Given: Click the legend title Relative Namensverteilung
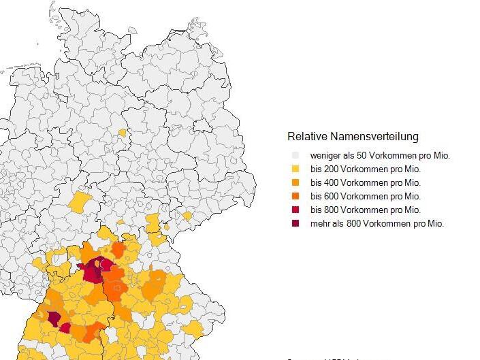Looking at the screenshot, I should pyautogui.click(x=353, y=137).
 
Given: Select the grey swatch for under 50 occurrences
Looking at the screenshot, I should pyautogui.click(x=295, y=155).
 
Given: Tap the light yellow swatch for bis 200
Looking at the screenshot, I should pyautogui.click(x=295, y=169).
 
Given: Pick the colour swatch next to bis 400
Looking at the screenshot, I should pyautogui.click(x=295, y=182).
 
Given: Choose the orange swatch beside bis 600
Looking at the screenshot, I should pyautogui.click(x=295, y=196).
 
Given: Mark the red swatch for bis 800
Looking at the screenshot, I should pyautogui.click(x=295, y=210).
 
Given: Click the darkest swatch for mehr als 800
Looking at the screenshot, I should pyautogui.click(x=295, y=223).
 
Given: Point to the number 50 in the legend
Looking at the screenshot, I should pyautogui.click(x=362, y=155).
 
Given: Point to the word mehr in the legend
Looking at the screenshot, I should pyautogui.click(x=321, y=223).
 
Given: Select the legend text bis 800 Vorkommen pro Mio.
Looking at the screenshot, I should pyautogui.click(x=366, y=210).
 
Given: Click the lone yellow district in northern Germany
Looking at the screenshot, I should pyautogui.click(x=122, y=133).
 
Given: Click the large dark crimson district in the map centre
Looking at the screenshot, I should pyautogui.click(x=92, y=272).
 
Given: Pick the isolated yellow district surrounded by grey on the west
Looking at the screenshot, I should pyautogui.click(x=80, y=202).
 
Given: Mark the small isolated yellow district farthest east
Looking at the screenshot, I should pyautogui.click(x=187, y=216).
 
